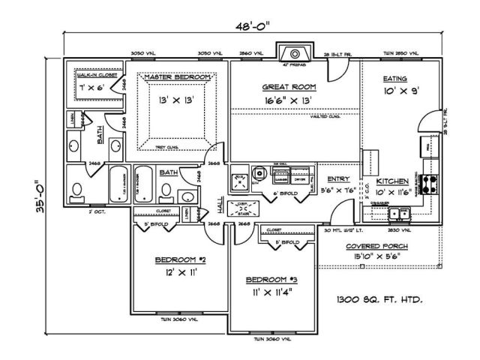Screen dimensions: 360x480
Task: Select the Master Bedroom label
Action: pyautogui.click(x=175, y=77)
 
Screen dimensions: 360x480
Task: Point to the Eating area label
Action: pyautogui.click(x=395, y=78)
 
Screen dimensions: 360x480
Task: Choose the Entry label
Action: pyautogui.click(x=339, y=178)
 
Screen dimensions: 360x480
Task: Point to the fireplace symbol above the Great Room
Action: pyautogui.click(x=292, y=53)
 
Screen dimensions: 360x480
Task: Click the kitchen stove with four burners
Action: pyautogui.click(x=432, y=183)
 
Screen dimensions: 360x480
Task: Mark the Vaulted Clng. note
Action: pyautogui.click(x=326, y=116)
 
